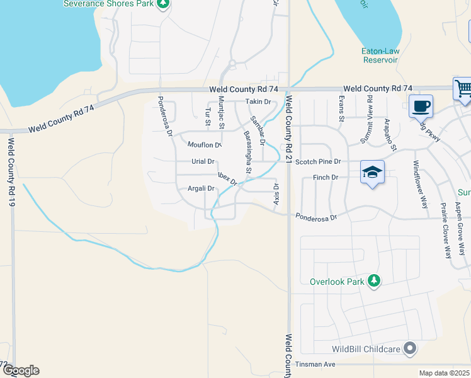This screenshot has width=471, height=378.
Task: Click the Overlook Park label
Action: (x=337, y=282)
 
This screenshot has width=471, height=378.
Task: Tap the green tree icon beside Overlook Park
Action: (x=375, y=280)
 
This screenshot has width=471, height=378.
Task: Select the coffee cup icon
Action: (x=421, y=106)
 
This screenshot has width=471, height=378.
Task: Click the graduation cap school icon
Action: (x=372, y=173)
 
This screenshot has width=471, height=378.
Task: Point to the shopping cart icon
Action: (x=463, y=89)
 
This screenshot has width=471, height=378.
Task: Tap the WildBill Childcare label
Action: (x=367, y=349)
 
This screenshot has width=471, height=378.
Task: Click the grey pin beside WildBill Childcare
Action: (x=411, y=348)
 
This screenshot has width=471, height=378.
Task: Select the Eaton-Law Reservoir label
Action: (x=380, y=55)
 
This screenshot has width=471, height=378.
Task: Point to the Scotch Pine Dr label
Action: (x=318, y=162)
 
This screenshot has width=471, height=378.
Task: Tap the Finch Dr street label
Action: (x=326, y=178)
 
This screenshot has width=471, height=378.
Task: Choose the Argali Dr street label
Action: (x=201, y=188)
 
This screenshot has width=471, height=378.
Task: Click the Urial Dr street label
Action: (x=203, y=162)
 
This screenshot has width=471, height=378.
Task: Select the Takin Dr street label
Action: (x=258, y=101)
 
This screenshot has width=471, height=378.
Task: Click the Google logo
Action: (x=21, y=370)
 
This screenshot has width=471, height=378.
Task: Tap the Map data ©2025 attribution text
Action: (x=444, y=373)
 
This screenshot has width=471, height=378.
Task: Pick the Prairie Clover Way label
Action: (x=446, y=231)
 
